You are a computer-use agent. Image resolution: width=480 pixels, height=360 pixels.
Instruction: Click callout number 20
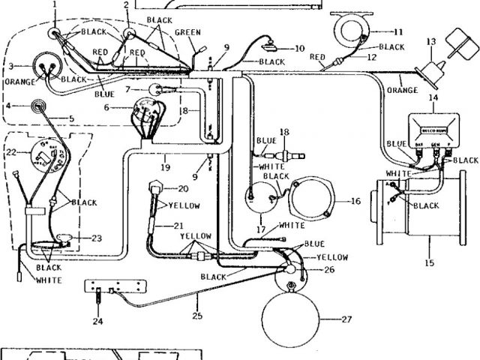click(x=183, y=188)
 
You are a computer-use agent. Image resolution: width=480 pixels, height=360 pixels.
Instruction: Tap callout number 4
click(x=7, y=106)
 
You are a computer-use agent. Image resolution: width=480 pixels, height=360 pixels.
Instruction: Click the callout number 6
click(x=106, y=108)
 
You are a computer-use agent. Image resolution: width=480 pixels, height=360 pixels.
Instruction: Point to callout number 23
click(x=96, y=238)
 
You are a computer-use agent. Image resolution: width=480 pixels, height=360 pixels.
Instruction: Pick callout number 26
click(x=329, y=269)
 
